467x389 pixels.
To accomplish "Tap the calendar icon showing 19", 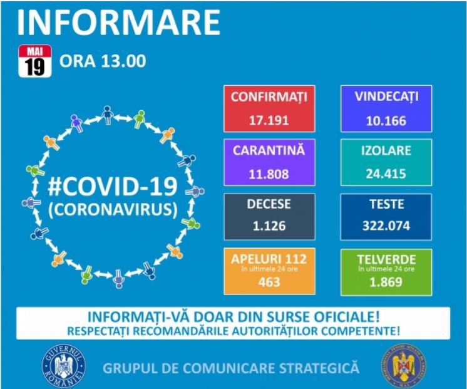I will [35, 61].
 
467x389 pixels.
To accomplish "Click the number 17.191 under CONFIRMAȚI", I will [269, 120].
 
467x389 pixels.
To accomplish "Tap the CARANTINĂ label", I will [269, 151].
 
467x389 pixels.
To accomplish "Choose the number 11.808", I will [269, 174].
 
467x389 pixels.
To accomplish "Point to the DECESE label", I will [269, 204].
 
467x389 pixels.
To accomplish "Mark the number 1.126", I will [269, 226].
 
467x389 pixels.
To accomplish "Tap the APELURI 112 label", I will [269, 258].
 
